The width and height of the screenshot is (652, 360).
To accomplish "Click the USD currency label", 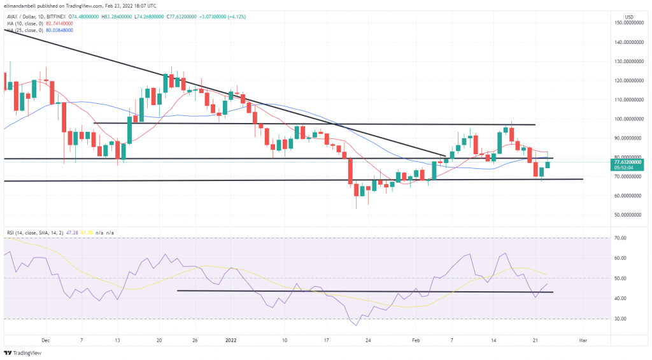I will pos(629,17).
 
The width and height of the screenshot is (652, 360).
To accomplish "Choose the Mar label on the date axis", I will pos(583,341).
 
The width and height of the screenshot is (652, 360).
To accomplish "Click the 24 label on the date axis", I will pos(369,341).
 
